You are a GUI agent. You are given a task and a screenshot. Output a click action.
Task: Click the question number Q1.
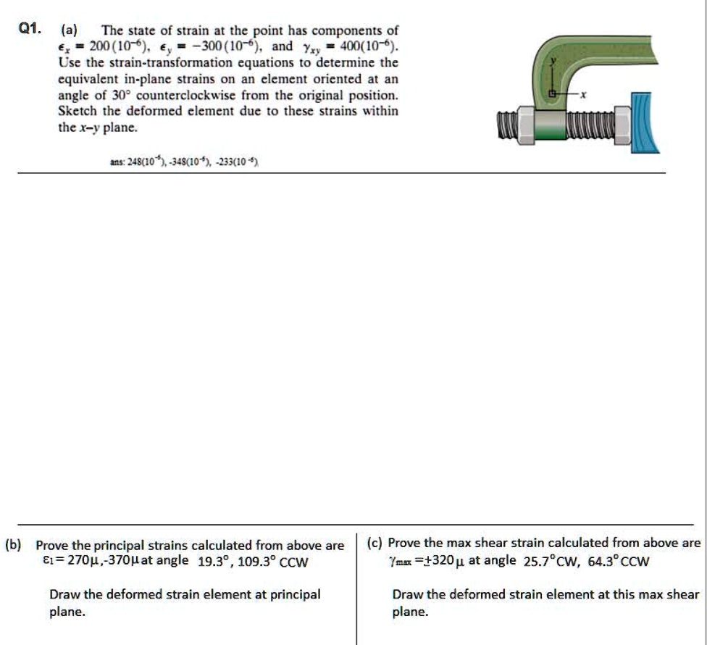30,30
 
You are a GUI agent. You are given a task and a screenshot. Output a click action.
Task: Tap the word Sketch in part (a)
78,112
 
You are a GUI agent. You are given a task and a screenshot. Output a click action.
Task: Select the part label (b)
13,544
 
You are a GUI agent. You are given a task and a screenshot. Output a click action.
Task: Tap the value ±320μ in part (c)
437,560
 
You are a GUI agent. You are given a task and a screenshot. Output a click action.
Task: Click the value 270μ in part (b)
80,560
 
